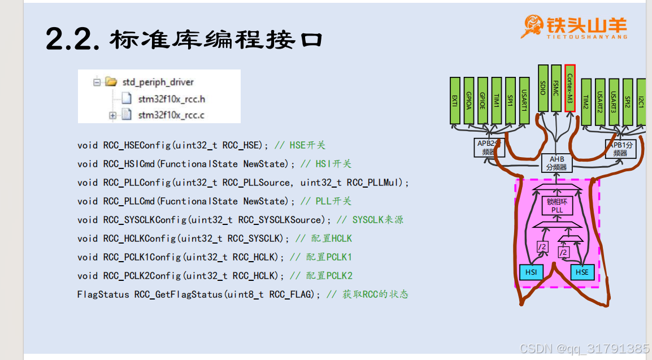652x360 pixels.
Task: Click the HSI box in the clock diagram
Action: tap(531, 272)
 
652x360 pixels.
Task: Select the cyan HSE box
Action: tap(582, 272)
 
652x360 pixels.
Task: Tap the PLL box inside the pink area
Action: tap(557, 206)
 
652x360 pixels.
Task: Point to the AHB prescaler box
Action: tap(557, 163)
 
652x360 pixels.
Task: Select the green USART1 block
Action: tap(524, 101)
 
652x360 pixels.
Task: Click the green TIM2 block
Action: tap(586, 102)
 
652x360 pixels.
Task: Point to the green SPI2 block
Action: tap(627, 102)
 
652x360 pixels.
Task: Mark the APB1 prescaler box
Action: tap(620, 148)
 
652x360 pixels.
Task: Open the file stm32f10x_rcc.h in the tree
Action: tap(171, 99)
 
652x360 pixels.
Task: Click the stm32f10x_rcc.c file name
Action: tap(171, 115)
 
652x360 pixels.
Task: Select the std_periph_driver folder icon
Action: tap(111, 82)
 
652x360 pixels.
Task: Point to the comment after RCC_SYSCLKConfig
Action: tap(370, 220)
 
